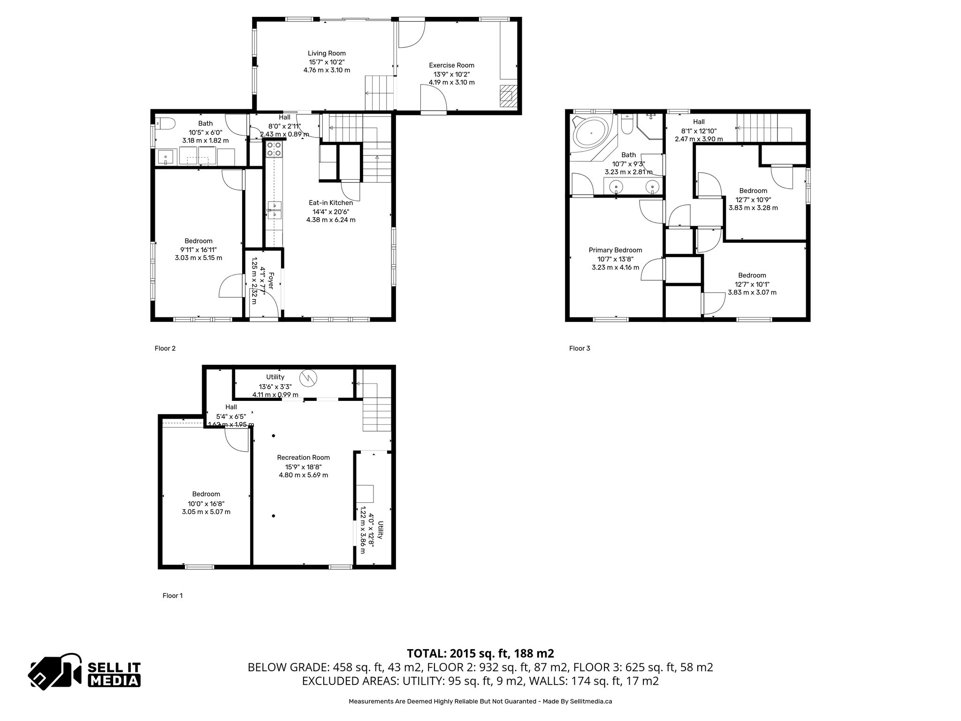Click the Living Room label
[x=327, y=54]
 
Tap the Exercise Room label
[x=451, y=65]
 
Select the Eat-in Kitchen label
[x=330, y=203]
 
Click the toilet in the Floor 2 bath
[x=165, y=123]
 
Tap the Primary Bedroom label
[x=615, y=250]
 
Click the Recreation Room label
[x=303, y=458]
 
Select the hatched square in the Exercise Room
[x=507, y=96]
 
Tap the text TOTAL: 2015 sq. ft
[x=480, y=653]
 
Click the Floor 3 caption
[x=580, y=348]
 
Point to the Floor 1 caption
[x=172, y=596]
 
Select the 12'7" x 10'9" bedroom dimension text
[x=753, y=199]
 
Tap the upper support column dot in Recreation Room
[x=274, y=436]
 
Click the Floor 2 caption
[x=165, y=348]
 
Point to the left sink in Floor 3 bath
[x=616, y=187]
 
